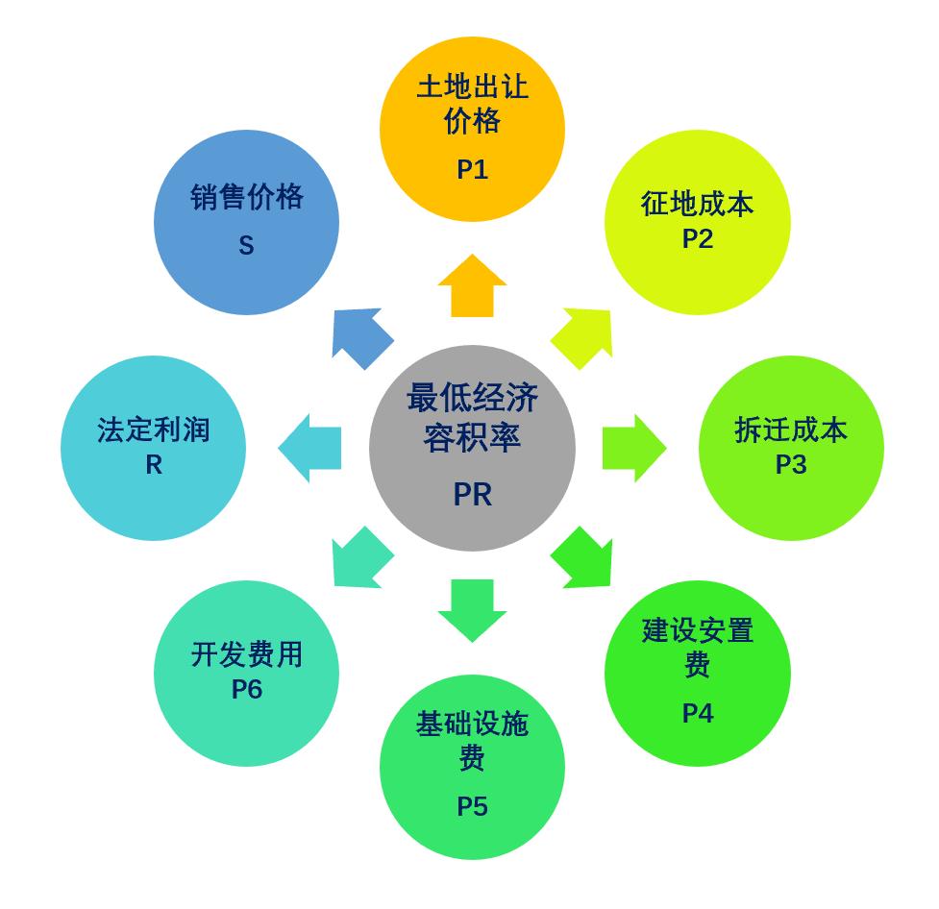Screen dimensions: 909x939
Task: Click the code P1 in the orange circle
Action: pyautogui.click(x=472, y=170)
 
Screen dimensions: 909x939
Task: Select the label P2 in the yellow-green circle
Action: pyautogui.click(x=697, y=238)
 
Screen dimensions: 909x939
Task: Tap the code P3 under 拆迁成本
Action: pyautogui.click(x=790, y=464)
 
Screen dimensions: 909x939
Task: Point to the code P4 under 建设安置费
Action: pyautogui.click(x=697, y=713)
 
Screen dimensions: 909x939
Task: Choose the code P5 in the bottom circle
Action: pyautogui.click(x=472, y=806)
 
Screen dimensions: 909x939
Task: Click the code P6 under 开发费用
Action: pyautogui.click(x=246, y=689)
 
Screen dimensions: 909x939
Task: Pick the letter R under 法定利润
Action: pyautogui.click(x=154, y=464)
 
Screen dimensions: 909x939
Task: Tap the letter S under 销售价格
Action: pyautogui.click(x=246, y=246)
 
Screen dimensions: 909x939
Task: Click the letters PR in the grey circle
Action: pyautogui.click(x=472, y=494)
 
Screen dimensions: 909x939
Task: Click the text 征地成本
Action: pyautogui.click(x=697, y=204)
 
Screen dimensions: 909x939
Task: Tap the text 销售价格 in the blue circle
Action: pyautogui.click(x=246, y=197)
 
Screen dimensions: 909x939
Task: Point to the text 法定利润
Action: pyautogui.click(x=154, y=430)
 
